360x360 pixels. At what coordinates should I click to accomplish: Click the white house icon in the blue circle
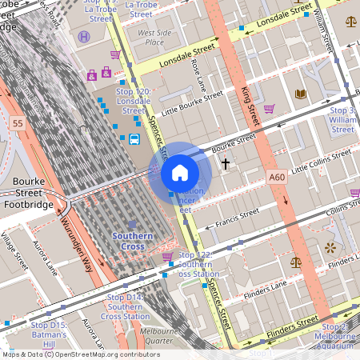click(180, 172)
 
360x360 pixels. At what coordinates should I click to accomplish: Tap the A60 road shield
click(278, 177)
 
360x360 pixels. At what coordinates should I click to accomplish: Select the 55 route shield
click(18, 122)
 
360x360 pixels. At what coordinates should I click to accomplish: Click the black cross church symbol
click(226, 164)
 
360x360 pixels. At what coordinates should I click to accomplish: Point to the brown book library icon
click(301, 94)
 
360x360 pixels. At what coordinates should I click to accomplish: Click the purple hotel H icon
click(85, 36)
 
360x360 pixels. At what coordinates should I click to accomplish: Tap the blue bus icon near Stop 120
click(134, 140)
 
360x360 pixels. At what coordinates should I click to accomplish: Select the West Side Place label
click(155, 38)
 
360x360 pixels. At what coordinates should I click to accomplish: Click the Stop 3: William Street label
click(342, 119)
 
